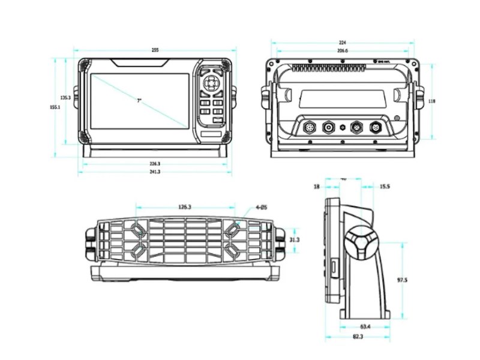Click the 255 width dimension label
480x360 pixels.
(x=155, y=50)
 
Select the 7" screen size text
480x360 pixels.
(x=139, y=101)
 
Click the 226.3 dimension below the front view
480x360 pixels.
(x=154, y=163)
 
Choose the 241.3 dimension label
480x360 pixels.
(x=154, y=172)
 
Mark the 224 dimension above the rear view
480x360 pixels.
(x=343, y=43)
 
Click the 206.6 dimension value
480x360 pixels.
(x=343, y=51)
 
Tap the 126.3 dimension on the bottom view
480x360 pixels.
(x=185, y=207)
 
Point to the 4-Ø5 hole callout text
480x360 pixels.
(x=261, y=208)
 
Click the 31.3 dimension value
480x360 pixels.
(x=295, y=239)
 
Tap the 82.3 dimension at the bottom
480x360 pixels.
(x=358, y=337)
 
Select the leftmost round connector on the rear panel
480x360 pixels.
(x=310, y=128)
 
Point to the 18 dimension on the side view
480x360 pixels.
(x=317, y=187)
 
